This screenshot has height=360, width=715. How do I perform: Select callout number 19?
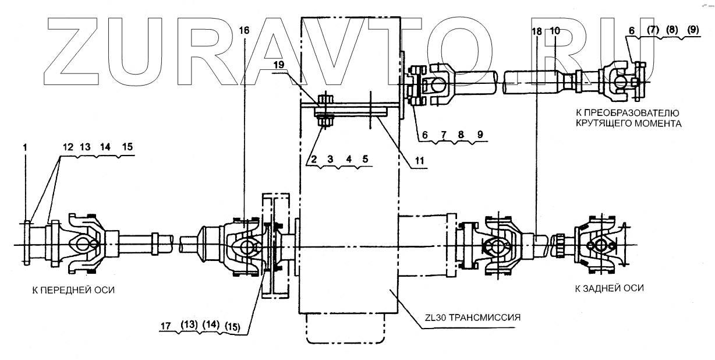point(279,66)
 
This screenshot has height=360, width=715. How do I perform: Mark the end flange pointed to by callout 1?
point(28,242)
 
